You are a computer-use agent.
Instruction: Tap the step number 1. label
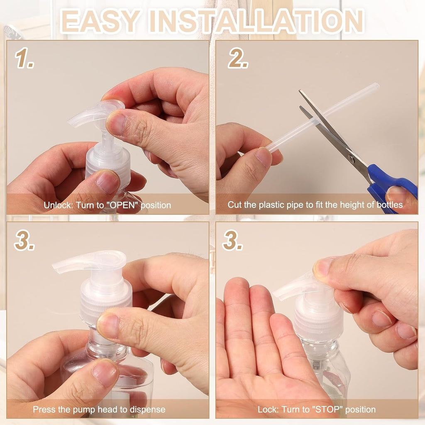click(x=25, y=59)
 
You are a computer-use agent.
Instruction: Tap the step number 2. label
click(x=238, y=59)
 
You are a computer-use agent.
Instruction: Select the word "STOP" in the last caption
click(x=330, y=410)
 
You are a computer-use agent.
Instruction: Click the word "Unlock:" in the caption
click(x=58, y=205)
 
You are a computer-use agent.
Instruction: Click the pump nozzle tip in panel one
click(x=71, y=122)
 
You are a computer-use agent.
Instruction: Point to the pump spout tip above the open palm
click(x=277, y=296)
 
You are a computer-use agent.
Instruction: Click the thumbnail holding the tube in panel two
click(x=264, y=156)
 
